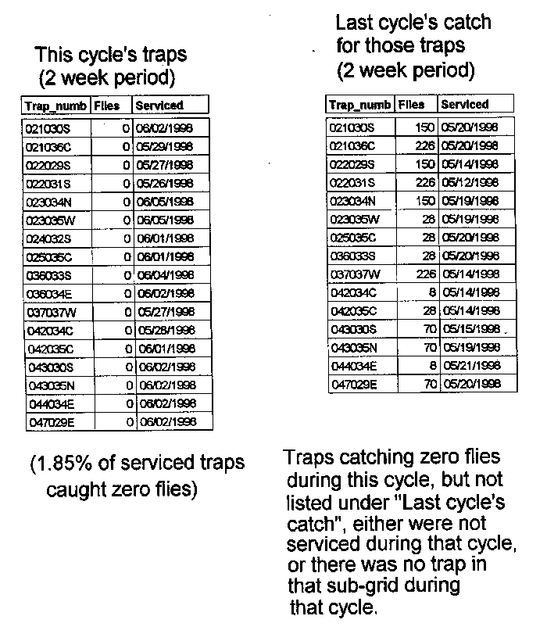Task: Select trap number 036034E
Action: [49, 294]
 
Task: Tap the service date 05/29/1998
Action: [164, 146]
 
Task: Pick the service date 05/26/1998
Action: [164, 184]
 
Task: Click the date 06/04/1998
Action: [164, 275]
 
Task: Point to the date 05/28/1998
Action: [164, 331]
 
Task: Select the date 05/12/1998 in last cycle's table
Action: [470, 183]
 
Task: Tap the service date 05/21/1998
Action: [470, 365]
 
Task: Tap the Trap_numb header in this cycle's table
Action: [54, 105]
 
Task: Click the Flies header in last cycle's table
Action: [412, 104]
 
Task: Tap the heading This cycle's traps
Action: [111, 56]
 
